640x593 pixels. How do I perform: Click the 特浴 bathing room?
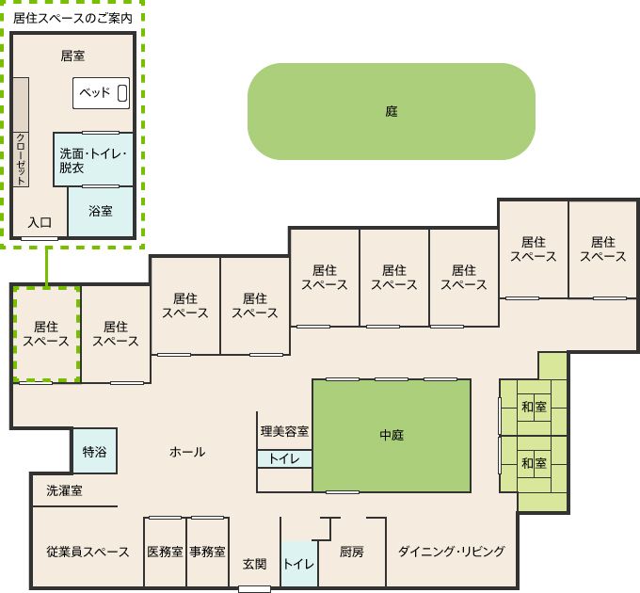click(x=95, y=451)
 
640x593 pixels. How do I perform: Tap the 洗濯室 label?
click(x=64, y=490)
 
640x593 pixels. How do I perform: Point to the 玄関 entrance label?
click(x=255, y=565)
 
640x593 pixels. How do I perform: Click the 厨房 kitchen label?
click(x=351, y=552)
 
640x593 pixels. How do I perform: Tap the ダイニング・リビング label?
click(x=452, y=552)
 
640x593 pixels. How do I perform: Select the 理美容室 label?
click(x=284, y=431)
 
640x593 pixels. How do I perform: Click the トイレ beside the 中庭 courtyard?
click(x=284, y=458)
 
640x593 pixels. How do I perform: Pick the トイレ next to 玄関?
click(x=299, y=565)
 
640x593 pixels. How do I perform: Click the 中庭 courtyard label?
click(x=392, y=435)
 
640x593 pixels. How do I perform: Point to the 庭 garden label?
click(x=392, y=111)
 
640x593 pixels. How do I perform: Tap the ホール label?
click(x=187, y=452)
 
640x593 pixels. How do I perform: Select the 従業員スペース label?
click(x=88, y=552)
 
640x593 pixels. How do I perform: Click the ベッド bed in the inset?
click(x=102, y=93)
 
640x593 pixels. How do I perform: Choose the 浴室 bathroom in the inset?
click(x=101, y=212)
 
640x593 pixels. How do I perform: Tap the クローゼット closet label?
click(x=21, y=159)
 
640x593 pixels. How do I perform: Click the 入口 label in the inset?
click(x=40, y=222)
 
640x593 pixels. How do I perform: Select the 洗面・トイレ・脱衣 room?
click(x=93, y=160)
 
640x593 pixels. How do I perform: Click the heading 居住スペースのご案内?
click(x=72, y=18)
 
